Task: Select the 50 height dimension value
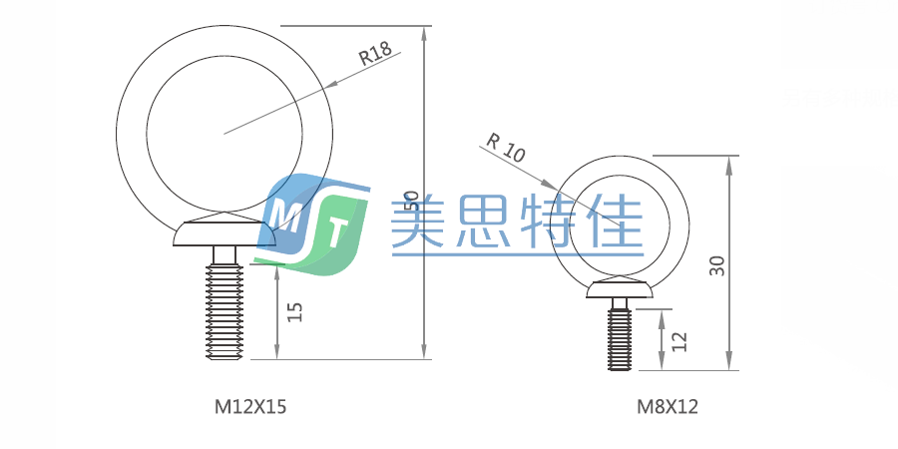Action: click(410, 203)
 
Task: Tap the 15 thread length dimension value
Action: click(293, 310)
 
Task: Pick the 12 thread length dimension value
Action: click(679, 340)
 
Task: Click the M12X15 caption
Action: click(242, 406)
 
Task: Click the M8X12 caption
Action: click(668, 406)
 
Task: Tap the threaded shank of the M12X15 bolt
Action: click(224, 309)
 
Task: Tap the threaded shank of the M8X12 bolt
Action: click(620, 337)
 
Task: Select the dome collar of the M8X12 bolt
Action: click(619, 290)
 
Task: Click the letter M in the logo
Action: click(286, 214)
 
